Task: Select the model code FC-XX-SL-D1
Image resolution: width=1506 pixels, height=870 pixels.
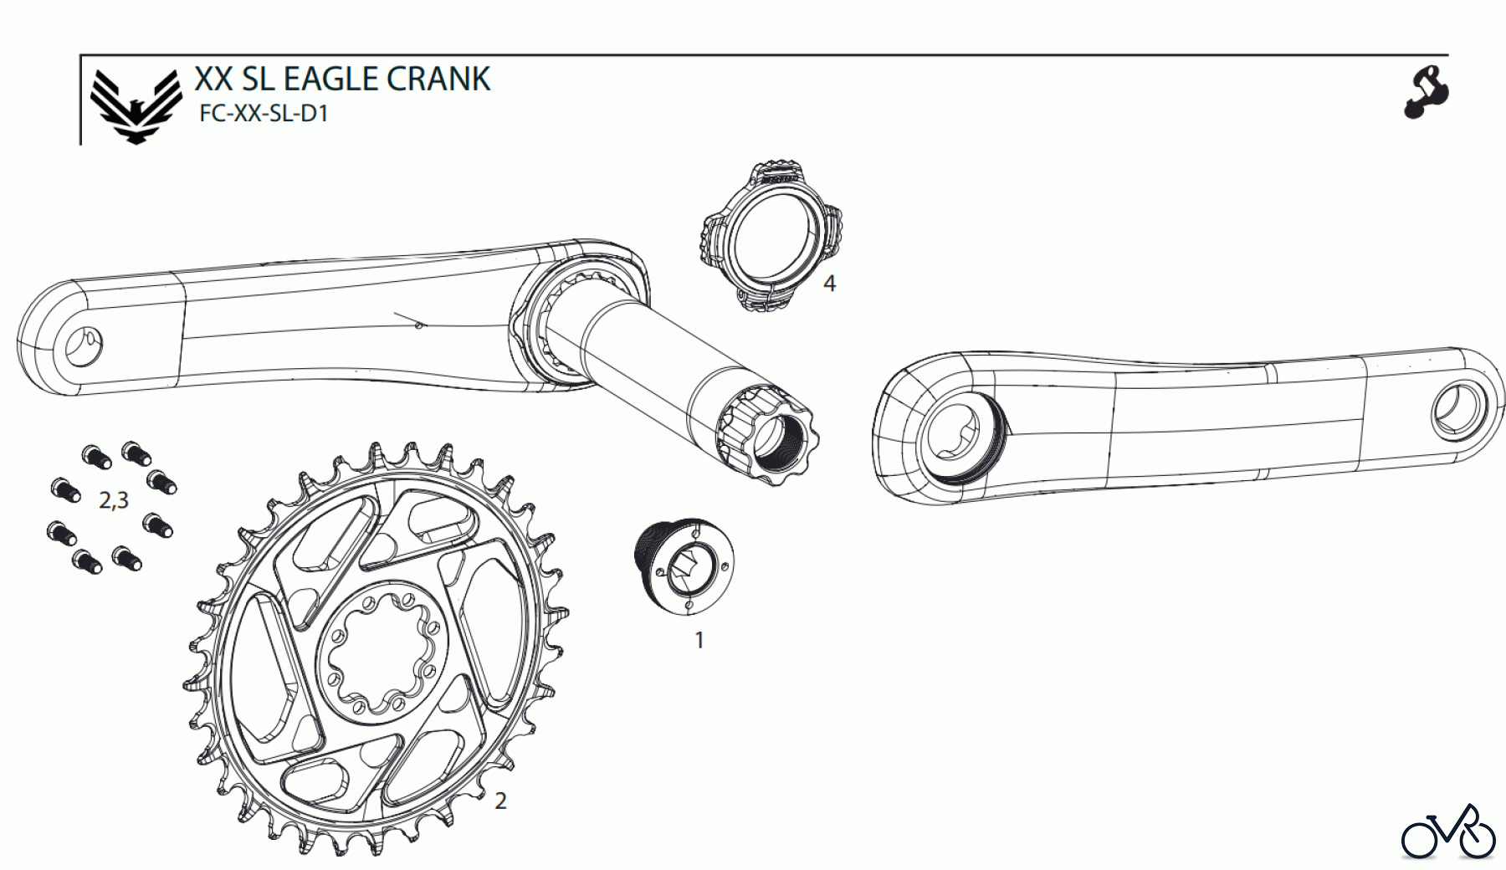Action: pyautogui.click(x=263, y=115)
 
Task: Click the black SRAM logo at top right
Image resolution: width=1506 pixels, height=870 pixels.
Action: pyautogui.click(x=1426, y=93)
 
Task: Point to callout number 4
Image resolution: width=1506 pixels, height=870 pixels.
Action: pyautogui.click(x=829, y=284)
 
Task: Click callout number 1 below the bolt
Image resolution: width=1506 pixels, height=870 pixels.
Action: pyautogui.click(x=699, y=641)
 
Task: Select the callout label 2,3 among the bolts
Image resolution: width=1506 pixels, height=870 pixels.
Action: pyautogui.click(x=114, y=500)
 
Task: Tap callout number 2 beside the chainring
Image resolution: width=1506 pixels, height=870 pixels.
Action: pyautogui.click(x=500, y=801)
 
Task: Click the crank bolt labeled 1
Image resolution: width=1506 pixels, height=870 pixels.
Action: pyautogui.click(x=685, y=565)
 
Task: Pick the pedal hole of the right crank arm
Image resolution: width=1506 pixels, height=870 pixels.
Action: pyautogui.click(x=1456, y=411)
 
